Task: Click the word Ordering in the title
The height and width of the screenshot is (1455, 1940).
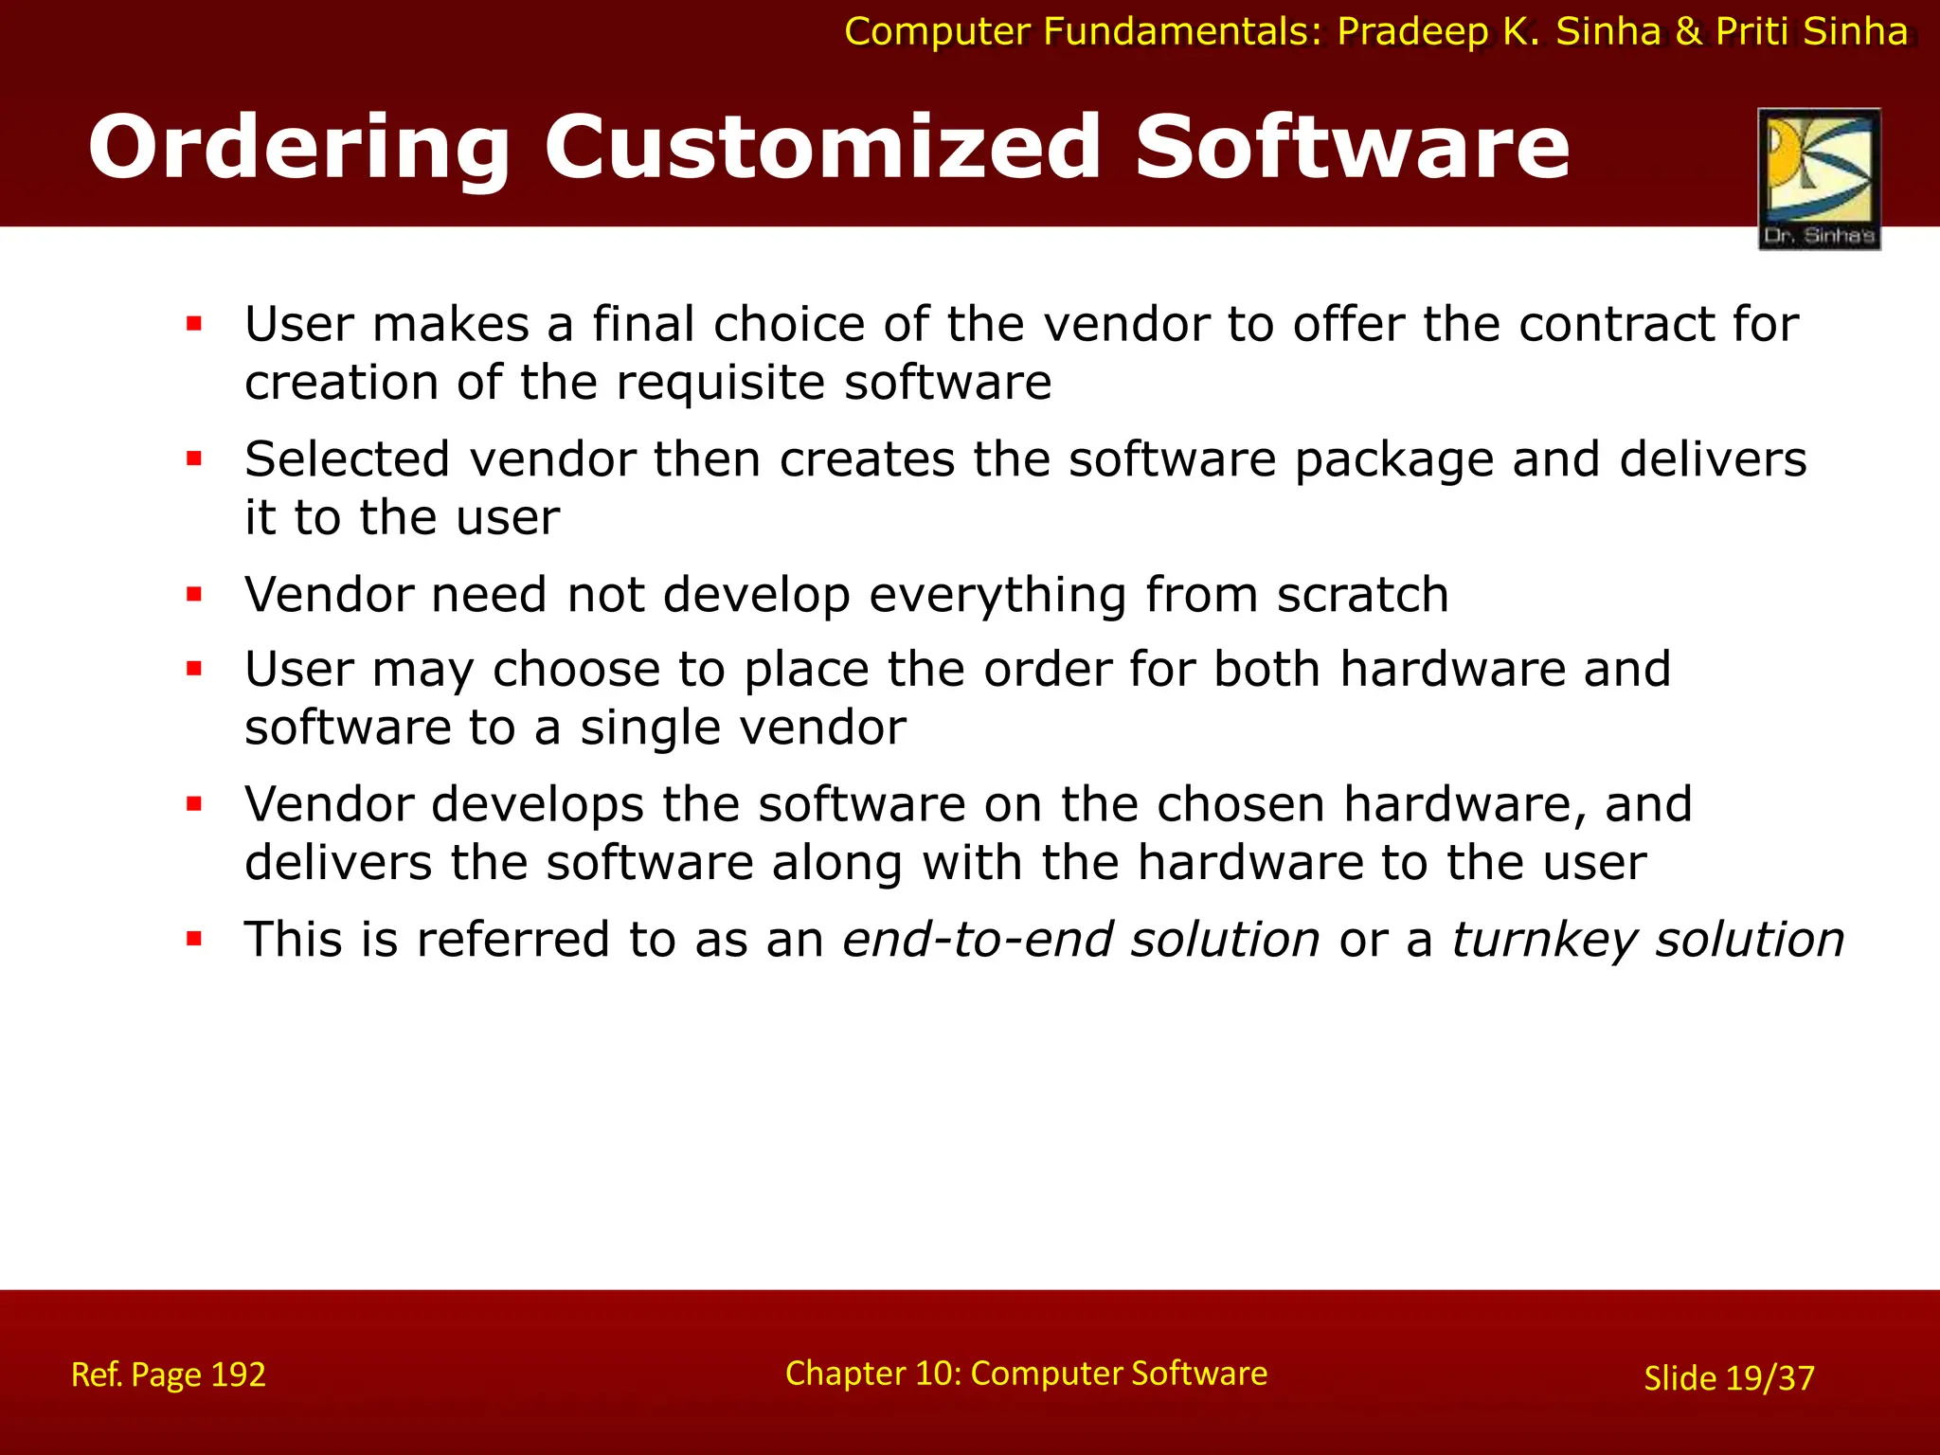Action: [x=298, y=148]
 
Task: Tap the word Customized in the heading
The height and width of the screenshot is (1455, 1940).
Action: [x=821, y=148]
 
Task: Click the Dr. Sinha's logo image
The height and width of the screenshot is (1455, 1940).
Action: [x=1819, y=178]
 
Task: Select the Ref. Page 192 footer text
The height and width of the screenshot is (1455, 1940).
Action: [x=169, y=1374]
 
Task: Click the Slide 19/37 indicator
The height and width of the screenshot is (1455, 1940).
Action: [x=1729, y=1378]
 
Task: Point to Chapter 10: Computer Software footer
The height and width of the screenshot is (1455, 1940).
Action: [x=1026, y=1374]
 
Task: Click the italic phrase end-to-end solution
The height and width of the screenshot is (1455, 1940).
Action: [x=1081, y=940]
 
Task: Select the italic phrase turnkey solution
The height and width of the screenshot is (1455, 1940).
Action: [x=1647, y=940]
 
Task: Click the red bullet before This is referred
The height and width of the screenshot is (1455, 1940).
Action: [x=195, y=941]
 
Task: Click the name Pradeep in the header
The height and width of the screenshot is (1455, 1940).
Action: [x=1412, y=32]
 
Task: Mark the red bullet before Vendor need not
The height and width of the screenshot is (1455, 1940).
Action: [x=195, y=596]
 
